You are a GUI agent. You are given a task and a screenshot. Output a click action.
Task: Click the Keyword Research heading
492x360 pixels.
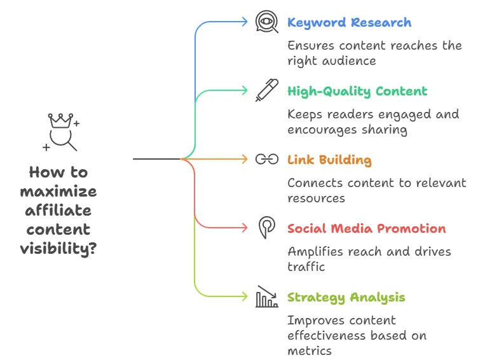pos(349,23)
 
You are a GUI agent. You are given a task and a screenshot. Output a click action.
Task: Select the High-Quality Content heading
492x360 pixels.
pos(357,92)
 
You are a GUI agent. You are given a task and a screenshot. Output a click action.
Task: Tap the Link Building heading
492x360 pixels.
pos(329,160)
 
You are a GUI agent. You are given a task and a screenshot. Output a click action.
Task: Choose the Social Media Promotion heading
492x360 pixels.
pos(366,229)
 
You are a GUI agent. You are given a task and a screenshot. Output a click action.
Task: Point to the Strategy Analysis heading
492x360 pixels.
pos(346,298)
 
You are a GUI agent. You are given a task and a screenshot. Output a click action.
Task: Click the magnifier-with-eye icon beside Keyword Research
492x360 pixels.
pos(267,22)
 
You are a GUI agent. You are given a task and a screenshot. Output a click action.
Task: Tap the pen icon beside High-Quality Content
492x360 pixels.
pos(266,90)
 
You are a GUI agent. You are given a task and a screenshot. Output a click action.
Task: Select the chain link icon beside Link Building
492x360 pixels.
pos(267,159)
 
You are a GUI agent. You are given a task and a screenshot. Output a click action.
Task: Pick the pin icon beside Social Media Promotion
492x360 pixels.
pos(266,227)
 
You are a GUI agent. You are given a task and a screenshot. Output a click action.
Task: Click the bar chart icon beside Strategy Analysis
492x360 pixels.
pos(267,296)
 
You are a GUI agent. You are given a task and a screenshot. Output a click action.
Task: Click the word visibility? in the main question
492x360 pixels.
pos(58,249)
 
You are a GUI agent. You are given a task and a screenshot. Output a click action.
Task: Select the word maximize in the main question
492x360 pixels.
pos(58,191)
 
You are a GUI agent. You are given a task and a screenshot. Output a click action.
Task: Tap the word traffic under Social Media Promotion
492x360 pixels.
pos(306,267)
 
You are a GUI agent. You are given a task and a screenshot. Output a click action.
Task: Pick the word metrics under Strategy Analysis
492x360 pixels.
pos(310,350)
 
